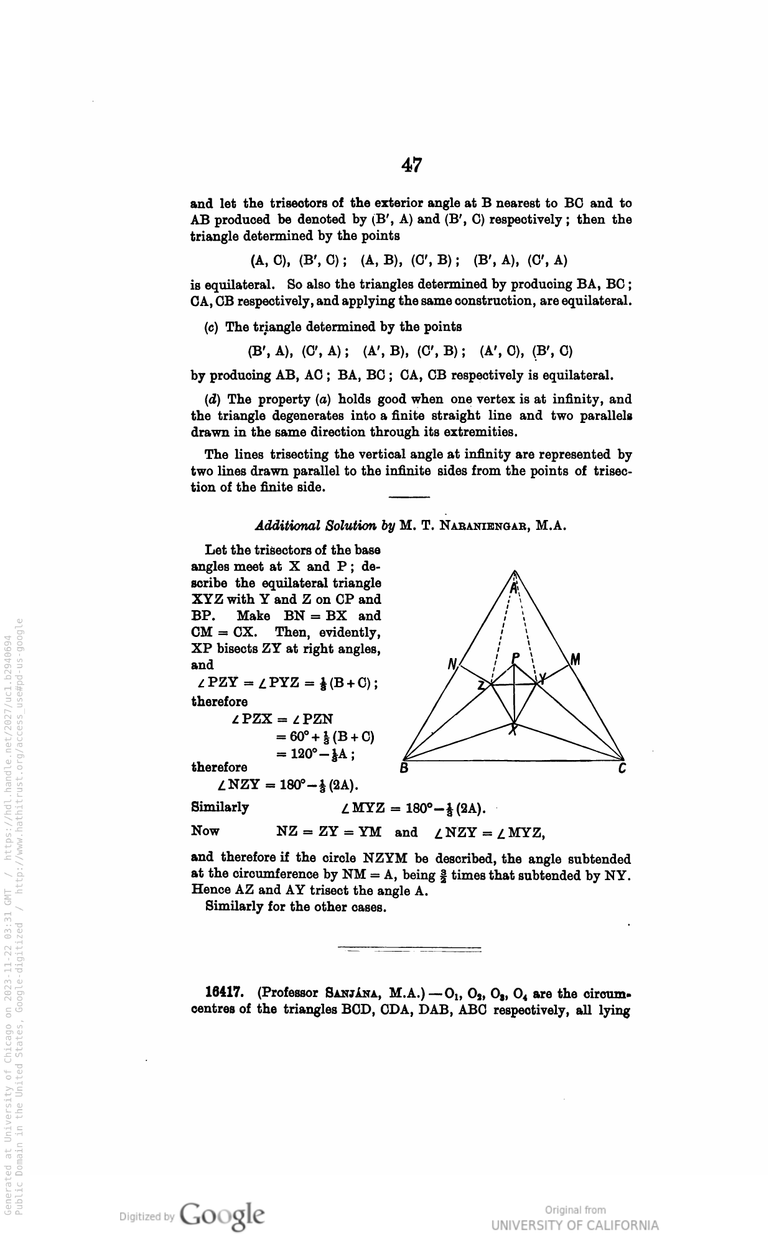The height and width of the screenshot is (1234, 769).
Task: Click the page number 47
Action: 411,165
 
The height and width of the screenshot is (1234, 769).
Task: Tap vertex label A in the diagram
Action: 514,587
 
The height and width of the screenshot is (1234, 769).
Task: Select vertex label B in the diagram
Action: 404,769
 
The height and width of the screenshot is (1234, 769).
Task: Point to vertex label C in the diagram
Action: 622,769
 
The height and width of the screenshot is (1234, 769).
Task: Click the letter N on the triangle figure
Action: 452,664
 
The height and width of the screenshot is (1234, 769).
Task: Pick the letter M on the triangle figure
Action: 575,659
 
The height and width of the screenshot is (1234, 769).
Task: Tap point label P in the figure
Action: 515,657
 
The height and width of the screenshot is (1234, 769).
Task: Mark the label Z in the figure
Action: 481,686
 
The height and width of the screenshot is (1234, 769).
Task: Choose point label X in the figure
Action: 513,730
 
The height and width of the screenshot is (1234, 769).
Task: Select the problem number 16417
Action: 226,993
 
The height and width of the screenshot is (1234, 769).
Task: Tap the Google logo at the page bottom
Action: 221,1213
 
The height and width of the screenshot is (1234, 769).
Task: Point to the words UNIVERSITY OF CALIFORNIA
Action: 574,1226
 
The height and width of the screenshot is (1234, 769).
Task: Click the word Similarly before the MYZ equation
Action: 220,807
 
